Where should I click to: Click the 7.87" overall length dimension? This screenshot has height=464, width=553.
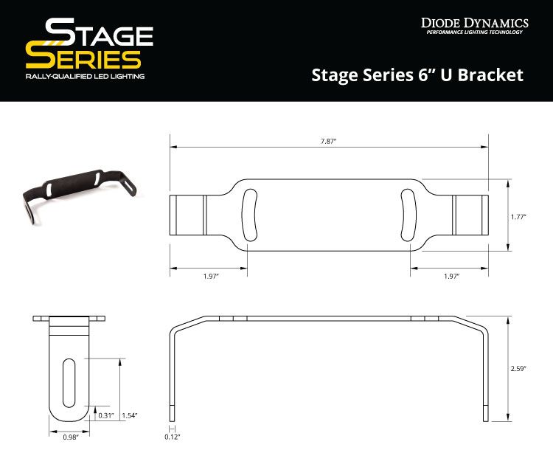(x=328, y=141)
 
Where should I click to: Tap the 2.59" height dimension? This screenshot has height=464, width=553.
(x=522, y=369)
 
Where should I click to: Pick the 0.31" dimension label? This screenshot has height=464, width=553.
(x=105, y=415)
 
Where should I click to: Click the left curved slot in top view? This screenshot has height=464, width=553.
(x=247, y=215)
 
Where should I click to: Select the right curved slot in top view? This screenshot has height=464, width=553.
(x=410, y=215)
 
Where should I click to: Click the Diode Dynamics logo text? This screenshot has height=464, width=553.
(x=474, y=22)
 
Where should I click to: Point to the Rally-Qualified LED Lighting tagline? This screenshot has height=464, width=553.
(x=84, y=77)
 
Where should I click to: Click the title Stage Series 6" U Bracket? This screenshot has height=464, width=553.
(x=417, y=75)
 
